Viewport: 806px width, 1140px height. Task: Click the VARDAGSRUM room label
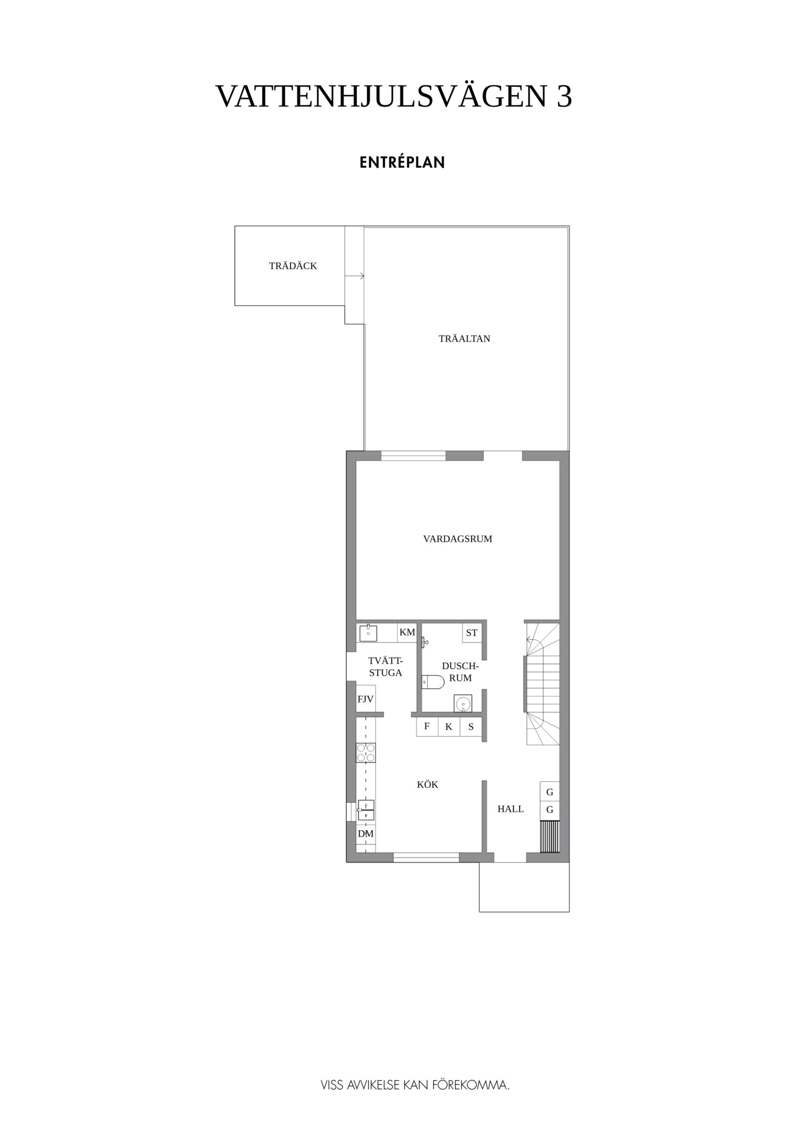point(458,539)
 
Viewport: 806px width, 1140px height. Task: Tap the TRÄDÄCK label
point(293,266)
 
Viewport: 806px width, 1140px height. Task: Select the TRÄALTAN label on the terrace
point(464,339)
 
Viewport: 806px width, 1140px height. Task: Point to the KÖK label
point(428,784)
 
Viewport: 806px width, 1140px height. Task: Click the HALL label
point(510,809)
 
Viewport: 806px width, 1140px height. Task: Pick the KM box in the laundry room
point(407,632)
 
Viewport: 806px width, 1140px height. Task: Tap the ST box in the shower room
point(472,633)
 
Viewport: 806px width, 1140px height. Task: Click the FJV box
point(365,699)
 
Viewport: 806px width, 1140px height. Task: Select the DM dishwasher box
point(365,834)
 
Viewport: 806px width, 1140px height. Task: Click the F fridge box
point(427,727)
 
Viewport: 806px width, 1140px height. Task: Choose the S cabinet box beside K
point(471,727)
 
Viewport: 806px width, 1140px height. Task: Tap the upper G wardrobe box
point(549,792)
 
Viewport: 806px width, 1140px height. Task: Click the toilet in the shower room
point(433,682)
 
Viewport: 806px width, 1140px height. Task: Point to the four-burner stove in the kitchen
point(366,752)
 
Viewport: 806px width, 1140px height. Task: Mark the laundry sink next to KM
point(368,632)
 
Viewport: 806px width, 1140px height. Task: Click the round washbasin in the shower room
point(463,704)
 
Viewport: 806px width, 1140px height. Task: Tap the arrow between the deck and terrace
point(354,276)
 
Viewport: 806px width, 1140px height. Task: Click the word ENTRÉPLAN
point(402,163)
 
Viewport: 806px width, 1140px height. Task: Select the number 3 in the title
point(564,97)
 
